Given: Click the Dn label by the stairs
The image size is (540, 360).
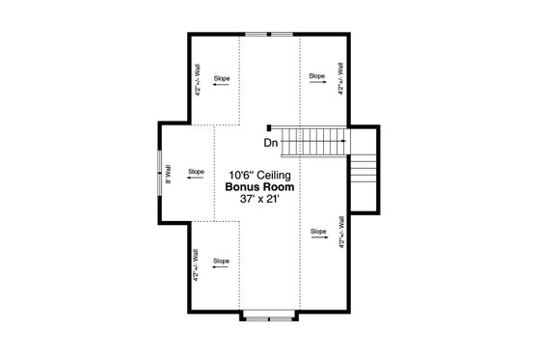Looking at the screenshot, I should click(x=271, y=144).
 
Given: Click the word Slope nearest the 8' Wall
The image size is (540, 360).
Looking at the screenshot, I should click(x=197, y=170).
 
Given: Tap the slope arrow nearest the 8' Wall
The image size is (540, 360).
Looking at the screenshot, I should click(x=197, y=180).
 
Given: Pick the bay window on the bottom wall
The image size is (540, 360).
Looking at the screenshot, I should click(x=269, y=314).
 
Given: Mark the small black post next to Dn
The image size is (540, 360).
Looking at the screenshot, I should click(x=269, y=126).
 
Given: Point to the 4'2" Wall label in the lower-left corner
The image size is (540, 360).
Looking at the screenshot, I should click(x=198, y=264).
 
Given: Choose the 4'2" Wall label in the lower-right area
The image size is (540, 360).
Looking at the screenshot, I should click(x=341, y=233).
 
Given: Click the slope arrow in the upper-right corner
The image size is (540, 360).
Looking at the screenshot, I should click(x=316, y=84).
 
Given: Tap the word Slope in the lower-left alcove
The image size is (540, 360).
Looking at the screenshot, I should click(x=221, y=261).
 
